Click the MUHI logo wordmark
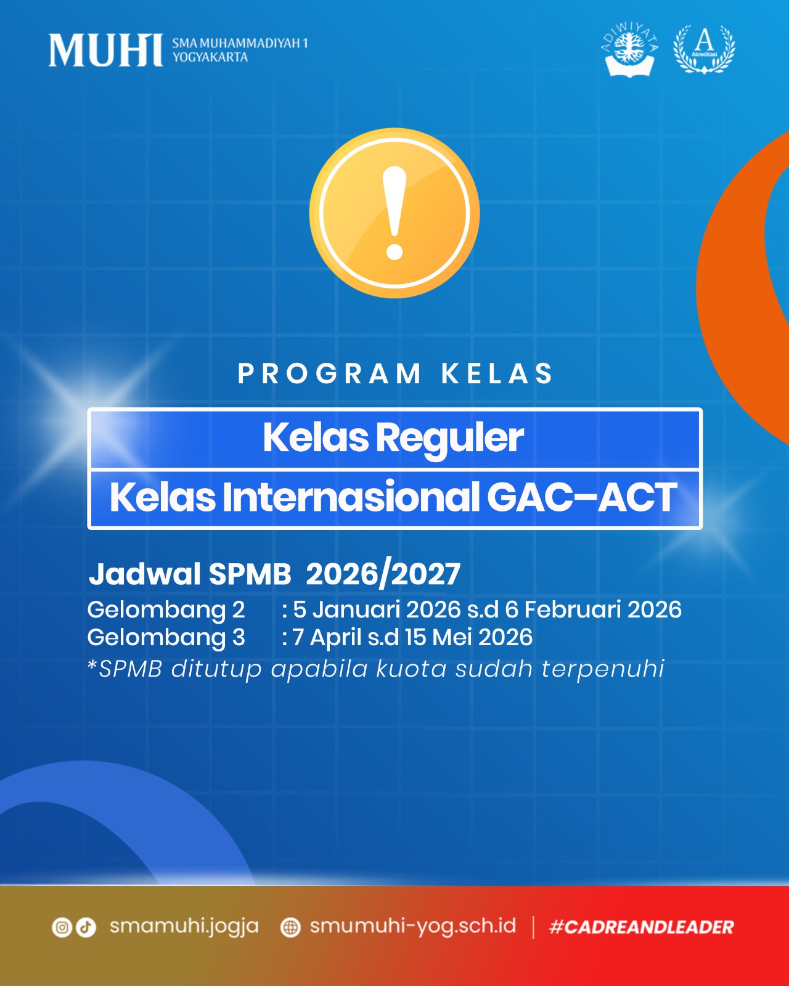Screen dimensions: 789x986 pos(106,50)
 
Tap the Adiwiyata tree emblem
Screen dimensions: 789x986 pos(629,49)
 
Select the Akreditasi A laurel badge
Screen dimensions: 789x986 pos(704,49)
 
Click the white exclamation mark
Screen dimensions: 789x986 pos(394,213)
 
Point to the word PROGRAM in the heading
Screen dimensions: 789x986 pos(329,373)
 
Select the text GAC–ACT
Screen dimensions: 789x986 pos(582,497)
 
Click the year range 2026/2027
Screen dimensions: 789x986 pos(383,574)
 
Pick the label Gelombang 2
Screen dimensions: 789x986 pos(166,610)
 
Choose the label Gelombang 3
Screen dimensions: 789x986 pos(166,638)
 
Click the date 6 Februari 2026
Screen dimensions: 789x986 pos(593,610)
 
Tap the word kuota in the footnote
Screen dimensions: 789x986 pos(411,669)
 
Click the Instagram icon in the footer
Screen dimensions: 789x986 pos(62,927)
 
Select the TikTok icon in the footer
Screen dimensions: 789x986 pos(86,927)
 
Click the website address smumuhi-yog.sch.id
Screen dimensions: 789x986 pos(412,927)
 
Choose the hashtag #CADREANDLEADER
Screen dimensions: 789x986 pos(642,927)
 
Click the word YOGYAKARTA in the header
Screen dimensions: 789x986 pos(210,57)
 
